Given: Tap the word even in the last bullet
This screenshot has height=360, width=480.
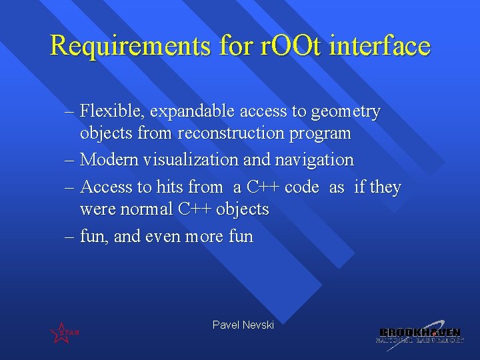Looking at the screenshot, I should coord(163,237).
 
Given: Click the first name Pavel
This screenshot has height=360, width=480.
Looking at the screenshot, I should coord(225,325).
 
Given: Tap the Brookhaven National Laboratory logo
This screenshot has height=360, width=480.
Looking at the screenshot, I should coord(419,333).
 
